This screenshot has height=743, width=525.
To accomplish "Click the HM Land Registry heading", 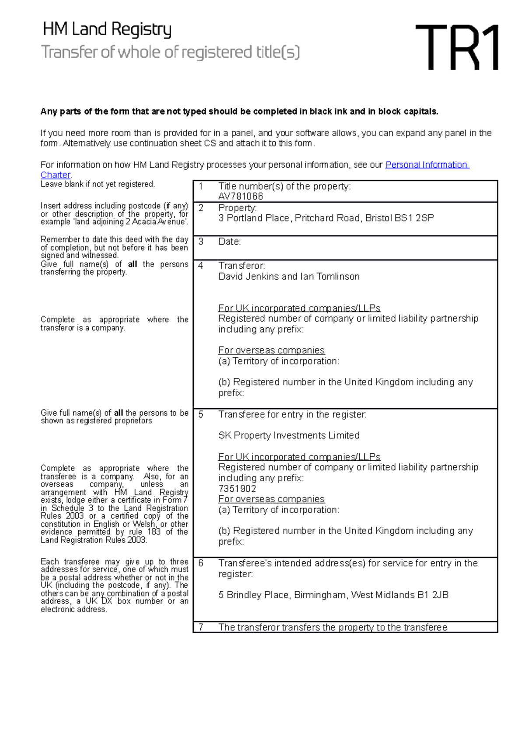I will [107, 29].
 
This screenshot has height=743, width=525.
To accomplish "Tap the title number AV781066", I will [241, 196].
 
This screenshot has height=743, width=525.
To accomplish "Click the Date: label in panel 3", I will [230, 242].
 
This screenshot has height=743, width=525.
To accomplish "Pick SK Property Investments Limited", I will [289, 435].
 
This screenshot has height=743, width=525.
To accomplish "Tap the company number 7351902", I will [237, 489].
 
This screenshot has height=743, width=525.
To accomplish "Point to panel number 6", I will [201, 563].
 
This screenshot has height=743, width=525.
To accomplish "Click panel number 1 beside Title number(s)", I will [201, 186].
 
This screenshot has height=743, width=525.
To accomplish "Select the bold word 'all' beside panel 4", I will [132, 264].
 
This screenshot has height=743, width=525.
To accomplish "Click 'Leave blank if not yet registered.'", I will [98, 184].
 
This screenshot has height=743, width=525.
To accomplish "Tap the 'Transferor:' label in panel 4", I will [241, 266].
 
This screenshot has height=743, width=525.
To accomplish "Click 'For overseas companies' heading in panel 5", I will [271, 499].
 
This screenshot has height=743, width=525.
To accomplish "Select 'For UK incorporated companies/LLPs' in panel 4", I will [299, 308].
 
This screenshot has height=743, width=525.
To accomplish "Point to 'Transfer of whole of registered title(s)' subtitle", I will [171, 52].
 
